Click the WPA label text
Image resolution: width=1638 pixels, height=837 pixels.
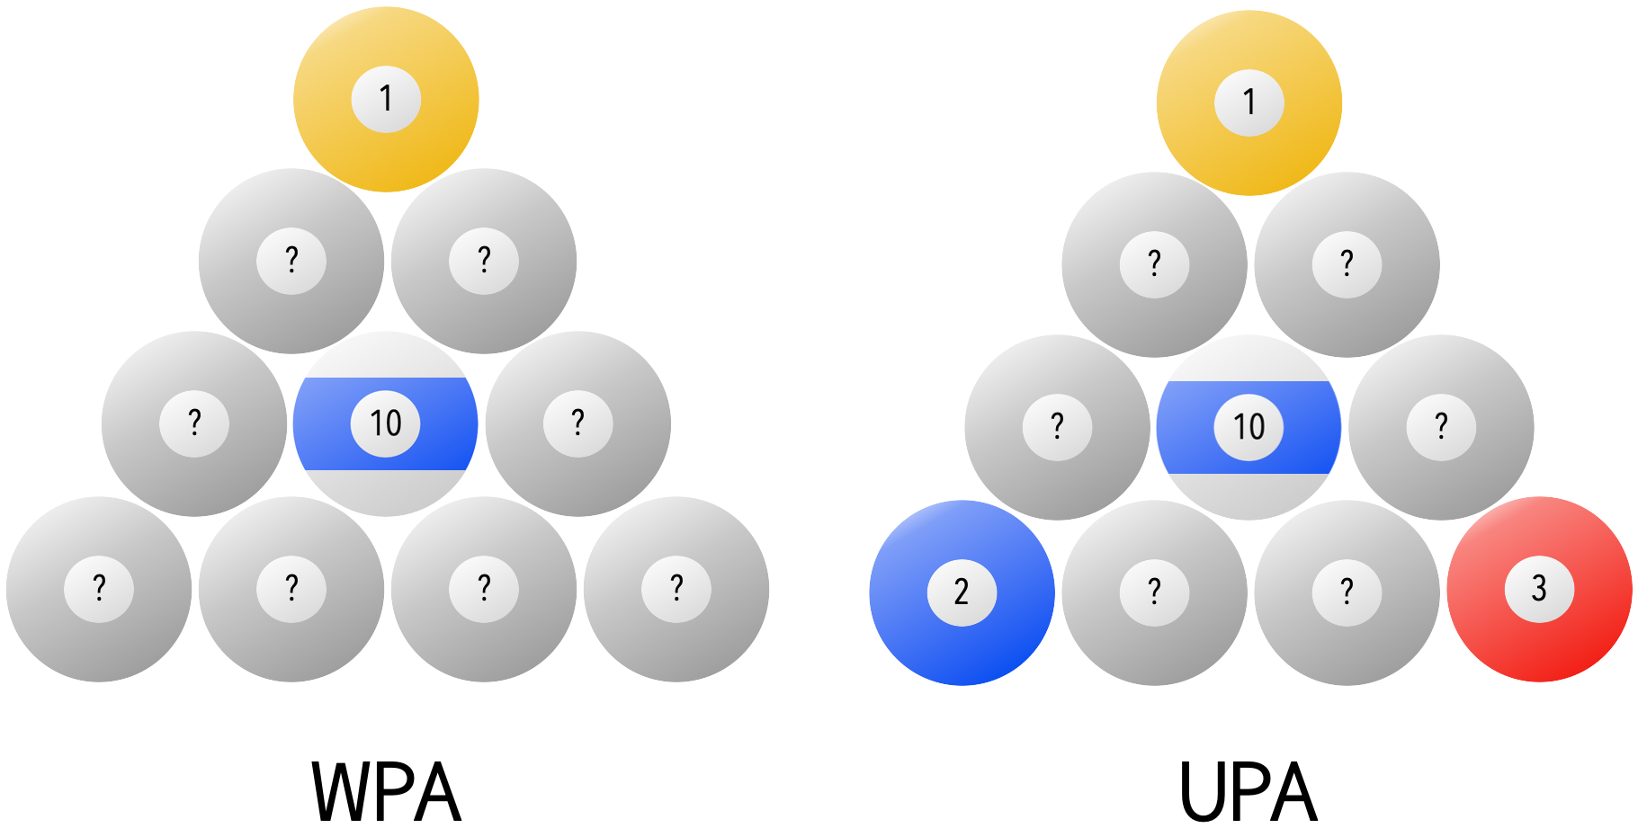[x=386, y=792]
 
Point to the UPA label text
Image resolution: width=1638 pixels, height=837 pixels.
[x=1248, y=792]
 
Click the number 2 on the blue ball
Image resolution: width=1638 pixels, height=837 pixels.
[x=962, y=592]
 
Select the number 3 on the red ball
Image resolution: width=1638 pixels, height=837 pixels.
[x=1539, y=589]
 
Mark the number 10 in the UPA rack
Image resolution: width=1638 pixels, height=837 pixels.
[x=1249, y=427]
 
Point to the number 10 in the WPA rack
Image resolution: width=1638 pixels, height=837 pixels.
[x=386, y=423]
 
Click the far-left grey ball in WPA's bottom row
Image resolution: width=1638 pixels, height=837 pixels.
[x=99, y=589]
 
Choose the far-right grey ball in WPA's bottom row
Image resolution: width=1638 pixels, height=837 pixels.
[x=676, y=589]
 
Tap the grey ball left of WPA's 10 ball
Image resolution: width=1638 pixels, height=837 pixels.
[x=194, y=423]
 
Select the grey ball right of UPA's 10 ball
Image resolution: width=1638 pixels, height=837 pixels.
[x=1441, y=427]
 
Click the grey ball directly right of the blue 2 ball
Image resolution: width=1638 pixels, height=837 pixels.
[x=1154, y=592]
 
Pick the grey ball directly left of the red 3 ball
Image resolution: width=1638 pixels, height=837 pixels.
[x=1347, y=592]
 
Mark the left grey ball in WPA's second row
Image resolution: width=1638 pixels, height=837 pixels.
[x=291, y=261]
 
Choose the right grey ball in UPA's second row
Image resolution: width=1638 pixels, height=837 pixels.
[x=1347, y=264]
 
